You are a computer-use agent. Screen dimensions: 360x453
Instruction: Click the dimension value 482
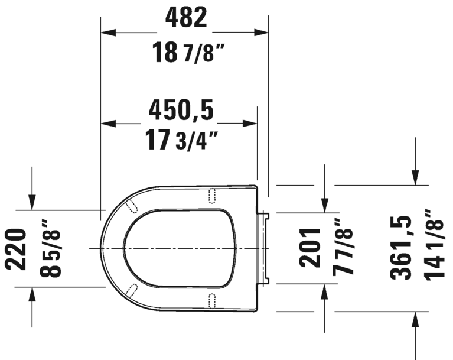coord(185,18)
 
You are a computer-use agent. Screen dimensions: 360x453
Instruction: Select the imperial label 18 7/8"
coord(185,54)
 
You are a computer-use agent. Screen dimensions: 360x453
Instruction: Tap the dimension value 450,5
coord(180,109)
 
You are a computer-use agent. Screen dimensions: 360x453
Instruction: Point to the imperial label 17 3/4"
coord(180,141)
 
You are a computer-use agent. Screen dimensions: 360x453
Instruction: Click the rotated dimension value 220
coord(17,248)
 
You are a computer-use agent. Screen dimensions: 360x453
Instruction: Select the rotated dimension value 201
coord(309,247)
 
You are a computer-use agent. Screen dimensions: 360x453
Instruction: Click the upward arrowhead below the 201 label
coord(324,292)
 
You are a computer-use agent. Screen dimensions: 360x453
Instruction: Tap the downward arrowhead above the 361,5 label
coord(415,177)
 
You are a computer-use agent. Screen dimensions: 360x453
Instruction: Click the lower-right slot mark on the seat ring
coord(213,299)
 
